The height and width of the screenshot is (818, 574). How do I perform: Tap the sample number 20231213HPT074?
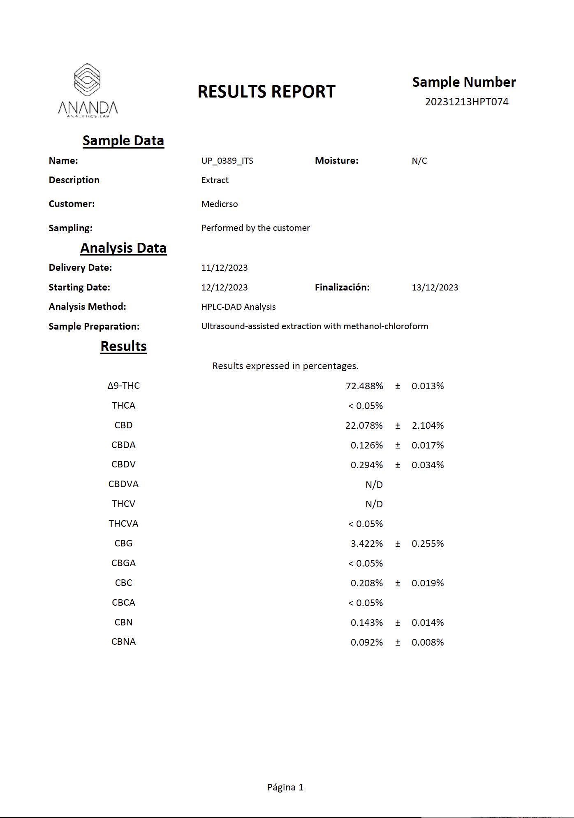coord(467,102)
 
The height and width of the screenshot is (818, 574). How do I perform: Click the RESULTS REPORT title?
coord(266,91)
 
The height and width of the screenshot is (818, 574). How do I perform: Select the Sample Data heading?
coord(123,140)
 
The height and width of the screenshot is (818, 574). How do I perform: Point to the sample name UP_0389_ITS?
coord(227,160)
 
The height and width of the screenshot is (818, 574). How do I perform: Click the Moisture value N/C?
coord(419,160)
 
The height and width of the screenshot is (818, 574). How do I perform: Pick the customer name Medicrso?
coord(219,204)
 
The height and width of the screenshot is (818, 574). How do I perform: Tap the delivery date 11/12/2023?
coord(224,267)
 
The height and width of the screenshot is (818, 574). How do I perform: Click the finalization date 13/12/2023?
coord(435,287)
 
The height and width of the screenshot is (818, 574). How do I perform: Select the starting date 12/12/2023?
coord(224,287)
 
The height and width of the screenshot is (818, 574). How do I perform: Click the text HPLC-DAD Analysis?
coord(238,307)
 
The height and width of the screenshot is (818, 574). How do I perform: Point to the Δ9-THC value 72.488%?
coord(364,386)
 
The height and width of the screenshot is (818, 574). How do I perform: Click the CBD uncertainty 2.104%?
coord(428,425)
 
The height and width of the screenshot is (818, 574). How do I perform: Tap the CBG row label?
coord(123,543)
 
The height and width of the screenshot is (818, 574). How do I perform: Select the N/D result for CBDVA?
coord(374,485)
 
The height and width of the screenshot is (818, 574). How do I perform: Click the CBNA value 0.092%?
coord(366,642)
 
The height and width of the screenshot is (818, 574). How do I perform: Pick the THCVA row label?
coord(123,523)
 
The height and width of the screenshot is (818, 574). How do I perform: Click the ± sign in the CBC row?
coord(398,583)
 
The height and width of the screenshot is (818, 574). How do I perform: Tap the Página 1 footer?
coord(285,787)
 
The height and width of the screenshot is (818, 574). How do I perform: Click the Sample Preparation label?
coord(94,326)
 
